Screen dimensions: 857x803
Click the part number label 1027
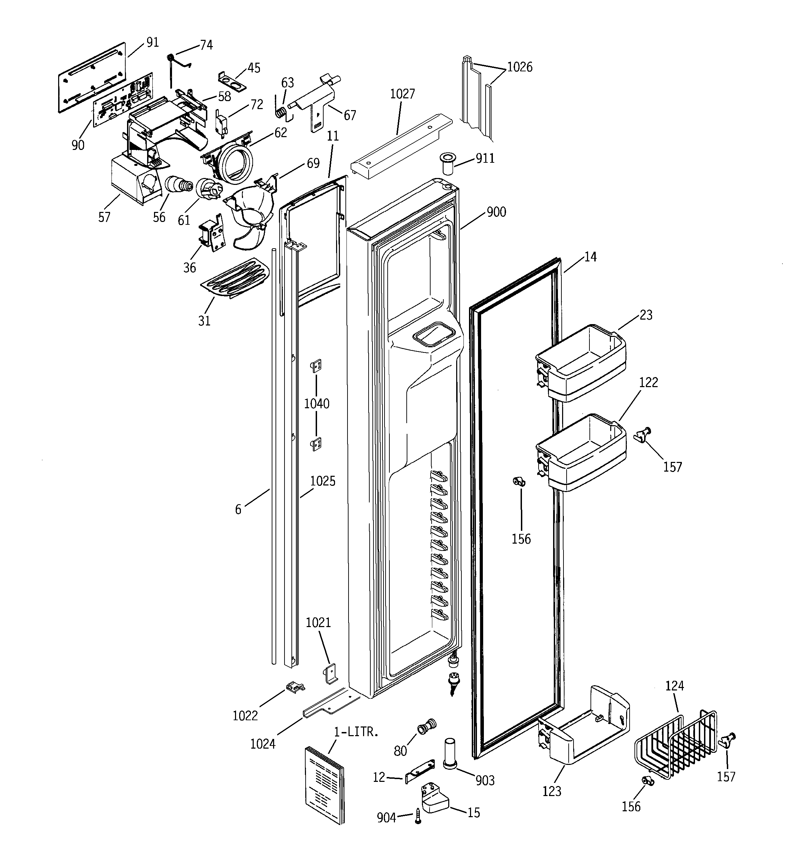click(x=402, y=93)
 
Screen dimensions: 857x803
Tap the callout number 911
click(x=485, y=159)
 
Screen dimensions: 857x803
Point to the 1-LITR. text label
click(x=356, y=732)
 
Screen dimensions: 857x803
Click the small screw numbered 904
click(x=418, y=816)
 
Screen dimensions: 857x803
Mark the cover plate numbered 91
click(x=91, y=77)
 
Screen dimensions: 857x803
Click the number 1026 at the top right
click(x=520, y=67)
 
